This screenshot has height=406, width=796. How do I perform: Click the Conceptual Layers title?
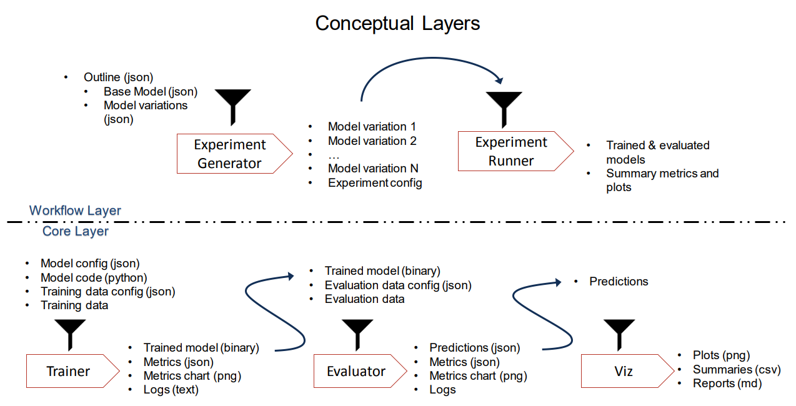(x=397, y=24)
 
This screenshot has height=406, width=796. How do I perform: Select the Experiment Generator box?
(x=234, y=154)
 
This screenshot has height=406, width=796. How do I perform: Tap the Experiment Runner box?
(x=515, y=151)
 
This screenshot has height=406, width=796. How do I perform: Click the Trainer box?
(x=73, y=371)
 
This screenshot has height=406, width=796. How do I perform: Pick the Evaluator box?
(x=360, y=371)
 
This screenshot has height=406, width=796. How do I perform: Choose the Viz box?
(x=627, y=371)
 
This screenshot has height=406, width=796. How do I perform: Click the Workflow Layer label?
(x=75, y=210)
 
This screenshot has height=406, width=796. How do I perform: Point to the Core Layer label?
(x=76, y=231)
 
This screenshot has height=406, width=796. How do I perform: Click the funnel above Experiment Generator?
(x=233, y=107)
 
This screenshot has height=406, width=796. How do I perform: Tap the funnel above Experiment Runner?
(x=504, y=110)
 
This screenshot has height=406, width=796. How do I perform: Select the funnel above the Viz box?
(x=619, y=335)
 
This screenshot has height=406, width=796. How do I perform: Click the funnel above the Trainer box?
(x=70, y=335)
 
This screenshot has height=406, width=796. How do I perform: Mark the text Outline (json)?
(x=118, y=77)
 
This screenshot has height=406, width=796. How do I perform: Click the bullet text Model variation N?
(x=373, y=168)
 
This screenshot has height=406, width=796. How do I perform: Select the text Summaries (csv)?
(x=737, y=369)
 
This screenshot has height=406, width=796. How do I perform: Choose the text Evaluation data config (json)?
(x=398, y=285)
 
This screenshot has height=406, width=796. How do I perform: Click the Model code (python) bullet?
(x=94, y=277)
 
